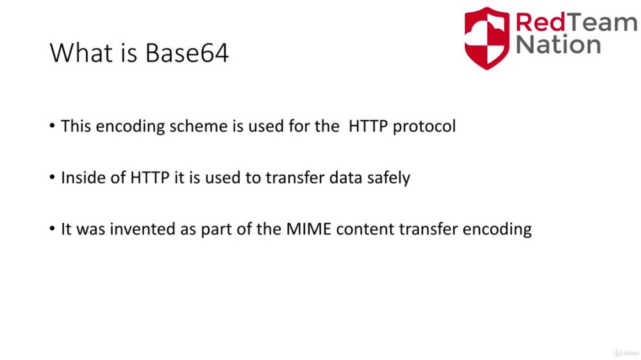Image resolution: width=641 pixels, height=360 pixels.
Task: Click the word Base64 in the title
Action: click(187, 53)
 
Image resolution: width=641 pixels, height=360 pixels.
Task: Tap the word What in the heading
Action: click(81, 53)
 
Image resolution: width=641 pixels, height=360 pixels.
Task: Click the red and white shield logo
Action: click(487, 38)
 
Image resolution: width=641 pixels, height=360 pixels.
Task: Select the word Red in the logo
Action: click(540, 22)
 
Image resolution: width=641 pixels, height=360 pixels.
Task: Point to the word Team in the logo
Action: click(602, 22)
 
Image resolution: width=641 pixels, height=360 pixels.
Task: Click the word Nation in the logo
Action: click(558, 44)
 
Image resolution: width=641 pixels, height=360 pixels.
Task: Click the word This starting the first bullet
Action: click(76, 126)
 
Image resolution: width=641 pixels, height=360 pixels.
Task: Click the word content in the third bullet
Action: click(365, 229)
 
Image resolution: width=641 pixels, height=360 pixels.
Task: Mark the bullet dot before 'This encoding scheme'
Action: click(52, 126)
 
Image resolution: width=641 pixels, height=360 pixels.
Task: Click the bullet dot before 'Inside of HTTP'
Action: click(52, 177)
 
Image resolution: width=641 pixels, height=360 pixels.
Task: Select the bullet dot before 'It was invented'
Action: click(52, 229)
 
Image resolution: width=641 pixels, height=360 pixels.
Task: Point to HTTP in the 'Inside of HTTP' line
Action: click(149, 177)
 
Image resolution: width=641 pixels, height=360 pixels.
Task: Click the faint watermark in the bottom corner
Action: click(626, 353)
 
